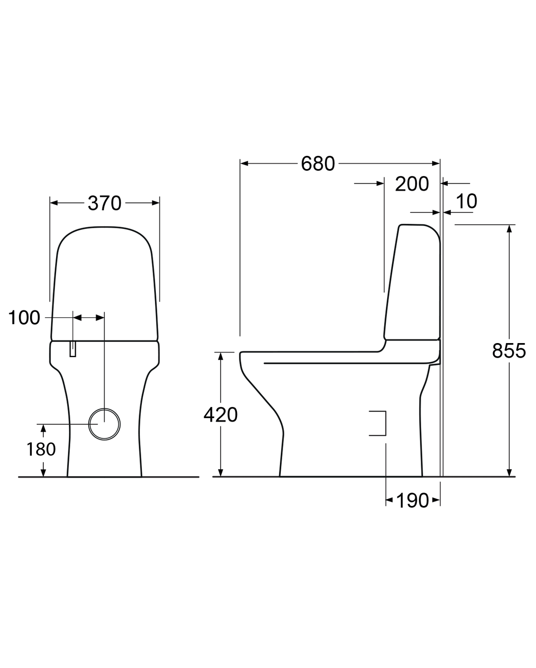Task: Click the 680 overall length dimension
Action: pos(318,164)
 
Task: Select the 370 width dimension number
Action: pos(104,203)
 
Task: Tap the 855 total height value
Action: pos(509,351)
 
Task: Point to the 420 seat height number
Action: pos(220,415)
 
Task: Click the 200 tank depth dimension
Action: pos(411,184)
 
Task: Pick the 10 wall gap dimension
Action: pos(466,201)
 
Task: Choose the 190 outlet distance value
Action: pos(412,500)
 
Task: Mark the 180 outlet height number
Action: pos(41,449)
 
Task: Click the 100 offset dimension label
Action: pos(24,318)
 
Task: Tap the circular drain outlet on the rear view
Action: pos(104,424)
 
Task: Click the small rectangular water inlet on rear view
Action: pos(73,349)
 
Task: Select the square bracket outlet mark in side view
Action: pos(379,423)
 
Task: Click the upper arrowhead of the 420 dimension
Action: pos(221,355)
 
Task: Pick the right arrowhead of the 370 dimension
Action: pos(156,203)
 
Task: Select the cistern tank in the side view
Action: pos(413,283)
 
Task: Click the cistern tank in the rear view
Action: pos(105,283)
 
